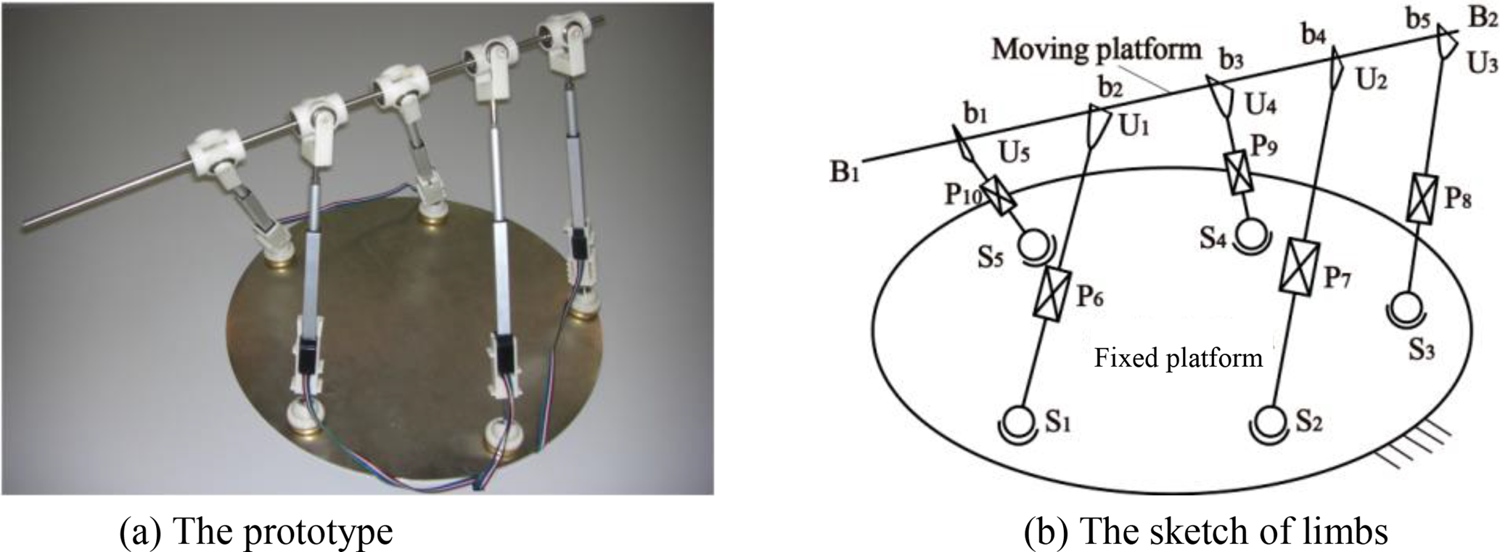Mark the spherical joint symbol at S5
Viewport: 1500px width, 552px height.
click(1033, 244)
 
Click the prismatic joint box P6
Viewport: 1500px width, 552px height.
click(1050, 292)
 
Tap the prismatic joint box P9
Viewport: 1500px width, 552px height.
click(1238, 173)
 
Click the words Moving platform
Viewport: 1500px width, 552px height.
click(1096, 49)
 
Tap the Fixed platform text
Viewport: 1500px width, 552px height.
click(1178, 358)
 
